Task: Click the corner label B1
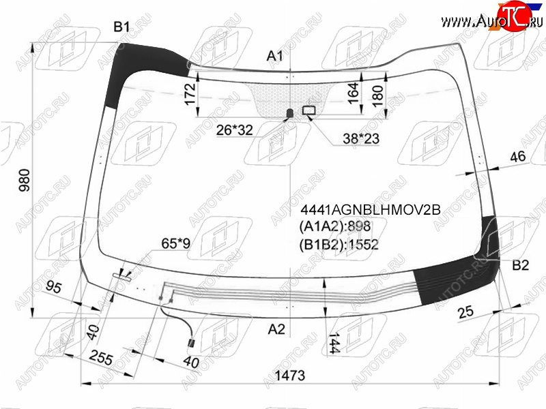click(122, 27)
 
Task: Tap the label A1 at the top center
click(275, 56)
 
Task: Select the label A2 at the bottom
click(276, 329)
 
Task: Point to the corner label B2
click(521, 265)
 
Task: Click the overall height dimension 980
click(25, 181)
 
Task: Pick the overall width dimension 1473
click(290, 376)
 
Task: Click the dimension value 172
click(190, 94)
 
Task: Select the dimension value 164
click(353, 93)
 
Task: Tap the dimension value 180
click(377, 95)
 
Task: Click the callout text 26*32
click(234, 130)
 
